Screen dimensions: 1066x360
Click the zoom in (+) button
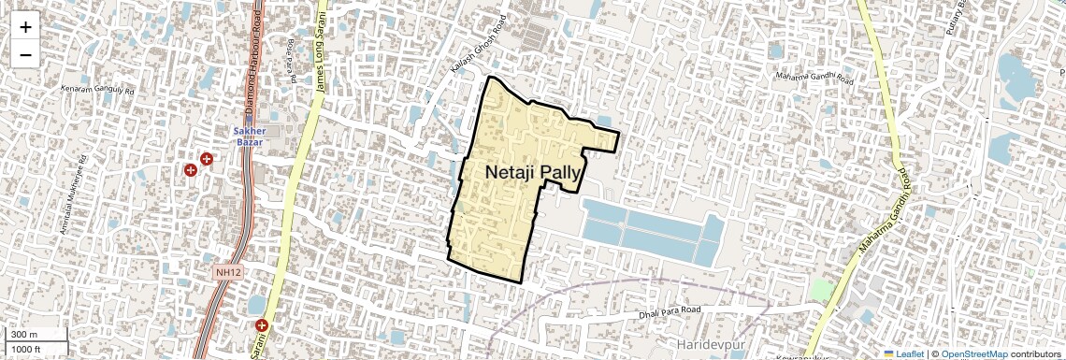(25, 27)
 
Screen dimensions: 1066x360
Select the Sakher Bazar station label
(250, 136)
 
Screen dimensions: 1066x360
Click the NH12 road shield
(227, 272)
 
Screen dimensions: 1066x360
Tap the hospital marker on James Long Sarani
(262, 325)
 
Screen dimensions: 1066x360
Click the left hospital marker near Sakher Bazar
(191, 170)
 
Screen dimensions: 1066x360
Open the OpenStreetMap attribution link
(973, 353)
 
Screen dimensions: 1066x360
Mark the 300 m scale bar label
(24, 335)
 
